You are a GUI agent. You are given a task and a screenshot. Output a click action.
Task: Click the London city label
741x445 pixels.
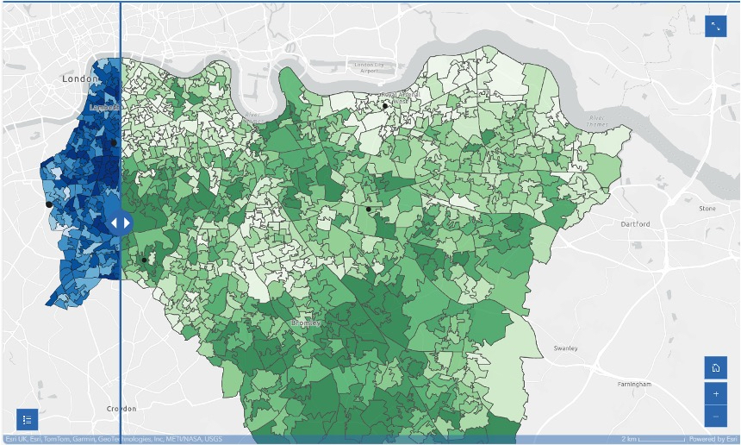[81, 78]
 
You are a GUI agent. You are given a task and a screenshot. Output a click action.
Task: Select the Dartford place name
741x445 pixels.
[635, 224]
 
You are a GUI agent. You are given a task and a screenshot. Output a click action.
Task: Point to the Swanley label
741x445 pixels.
[565, 348]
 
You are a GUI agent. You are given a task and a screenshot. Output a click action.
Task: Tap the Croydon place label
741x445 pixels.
[121, 409]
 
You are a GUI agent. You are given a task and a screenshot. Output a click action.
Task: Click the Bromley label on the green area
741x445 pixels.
[306, 323]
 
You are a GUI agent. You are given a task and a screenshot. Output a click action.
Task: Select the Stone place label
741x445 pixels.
[707, 209]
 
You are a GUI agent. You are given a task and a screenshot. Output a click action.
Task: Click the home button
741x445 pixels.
[715, 367]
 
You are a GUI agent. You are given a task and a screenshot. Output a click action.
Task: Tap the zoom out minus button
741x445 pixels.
[715, 417]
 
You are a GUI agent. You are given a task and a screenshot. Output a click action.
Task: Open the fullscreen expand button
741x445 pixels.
[715, 27]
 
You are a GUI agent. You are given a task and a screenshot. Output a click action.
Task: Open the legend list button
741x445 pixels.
[27, 420]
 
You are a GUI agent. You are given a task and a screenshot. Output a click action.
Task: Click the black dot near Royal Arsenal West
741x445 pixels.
[386, 106]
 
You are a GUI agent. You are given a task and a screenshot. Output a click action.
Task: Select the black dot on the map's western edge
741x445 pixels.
[49, 204]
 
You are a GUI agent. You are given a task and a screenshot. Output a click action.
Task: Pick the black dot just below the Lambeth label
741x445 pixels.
[113, 142]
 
